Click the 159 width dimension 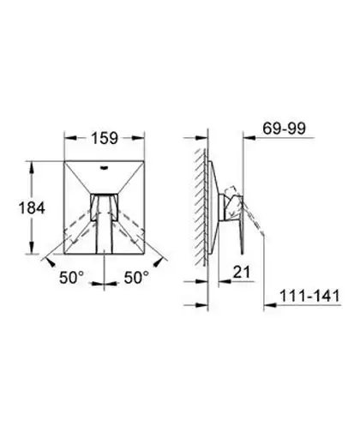click(x=105, y=138)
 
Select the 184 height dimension click(x=32, y=207)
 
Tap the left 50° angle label click(x=72, y=277)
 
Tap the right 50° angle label click(x=136, y=277)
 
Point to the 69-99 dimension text click(x=284, y=129)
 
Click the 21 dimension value click(x=242, y=272)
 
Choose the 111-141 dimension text click(x=309, y=296)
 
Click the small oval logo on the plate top click(x=104, y=167)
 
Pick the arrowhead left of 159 click(x=70, y=138)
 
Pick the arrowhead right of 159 click(x=138, y=138)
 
